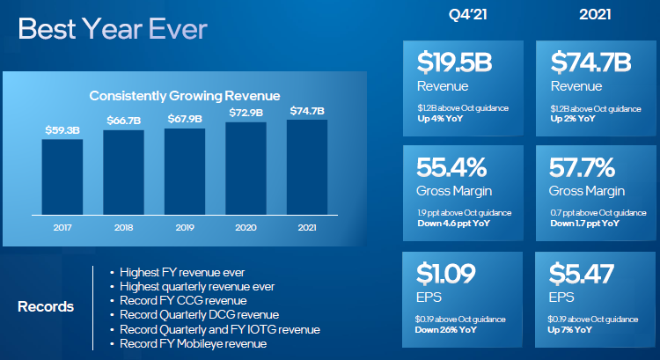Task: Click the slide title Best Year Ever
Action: point(112,29)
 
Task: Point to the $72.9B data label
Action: point(246,112)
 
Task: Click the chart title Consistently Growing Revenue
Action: point(185,95)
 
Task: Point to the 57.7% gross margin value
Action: point(584,167)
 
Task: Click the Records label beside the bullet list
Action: point(46,307)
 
